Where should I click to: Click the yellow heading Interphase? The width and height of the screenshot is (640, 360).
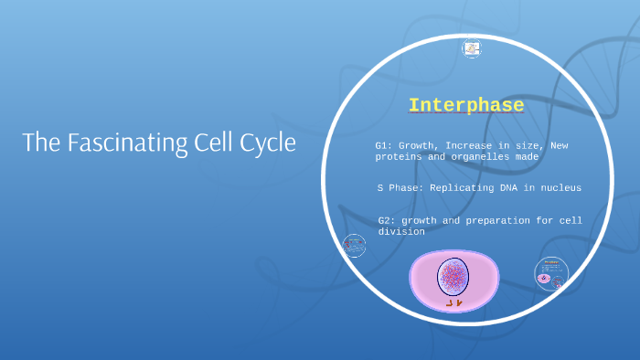(466, 105)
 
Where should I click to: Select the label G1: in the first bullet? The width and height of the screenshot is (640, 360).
(384, 145)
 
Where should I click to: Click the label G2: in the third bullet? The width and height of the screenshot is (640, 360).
(387, 220)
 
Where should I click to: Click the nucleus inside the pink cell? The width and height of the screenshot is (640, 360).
(453, 276)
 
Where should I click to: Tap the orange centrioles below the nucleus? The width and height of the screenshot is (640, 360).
(453, 302)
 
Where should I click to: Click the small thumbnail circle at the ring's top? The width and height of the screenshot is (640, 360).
(472, 48)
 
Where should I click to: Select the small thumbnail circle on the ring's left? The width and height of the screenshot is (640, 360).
(354, 246)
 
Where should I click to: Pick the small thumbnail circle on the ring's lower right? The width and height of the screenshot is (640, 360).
(551, 273)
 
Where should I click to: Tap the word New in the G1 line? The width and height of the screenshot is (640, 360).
(559, 145)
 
